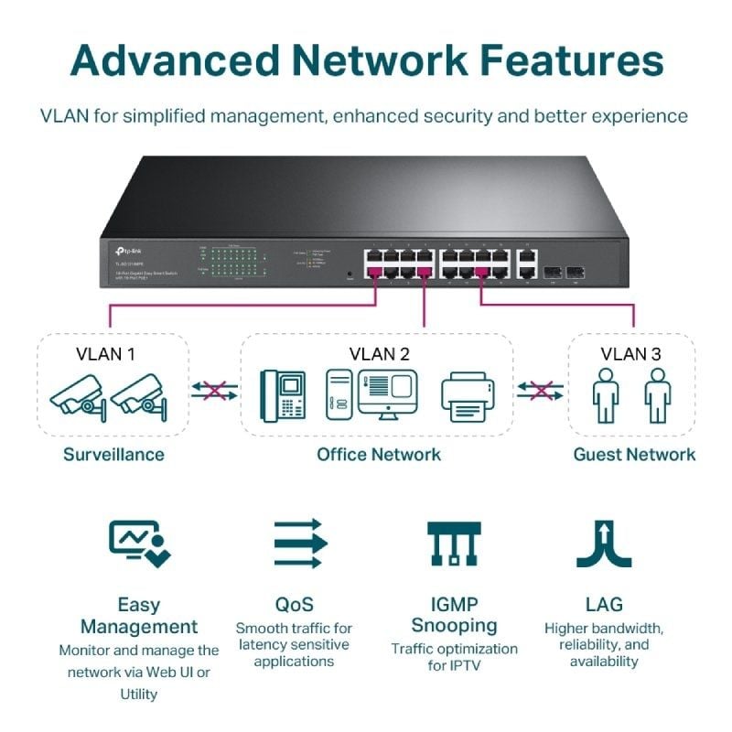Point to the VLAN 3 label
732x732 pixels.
click(x=631, y=354)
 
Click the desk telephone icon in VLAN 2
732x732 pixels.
click(x=284, y=394)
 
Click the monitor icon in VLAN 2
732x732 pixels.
click(x=387, y=393)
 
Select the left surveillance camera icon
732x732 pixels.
click(x=77, y=395)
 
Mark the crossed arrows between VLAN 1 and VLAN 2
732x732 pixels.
click(x=214, y=391)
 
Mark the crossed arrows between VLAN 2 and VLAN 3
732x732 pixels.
click(x=540, y=391)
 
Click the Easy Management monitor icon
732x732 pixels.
click(x=138, y=543)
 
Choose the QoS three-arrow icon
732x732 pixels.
click(x=300, y=543)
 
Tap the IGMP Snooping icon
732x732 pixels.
click(x=454, y=544)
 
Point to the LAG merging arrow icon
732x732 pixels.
click(x=604, y=544)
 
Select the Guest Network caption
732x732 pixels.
click(x=634, y=454)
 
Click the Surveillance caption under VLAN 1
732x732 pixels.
click(x=113, y=454)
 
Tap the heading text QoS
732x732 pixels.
click(x=294, y=604)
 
